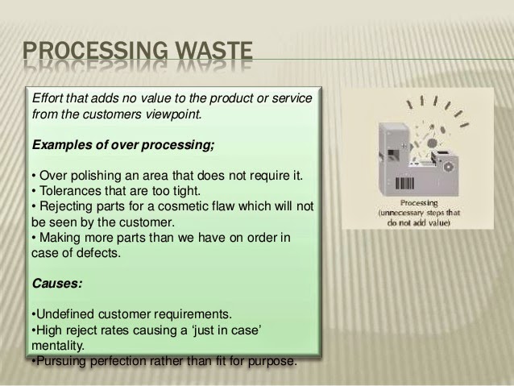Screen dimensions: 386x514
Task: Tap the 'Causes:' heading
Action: [58, 284]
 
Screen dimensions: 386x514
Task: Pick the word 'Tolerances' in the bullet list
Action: [68, 189]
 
